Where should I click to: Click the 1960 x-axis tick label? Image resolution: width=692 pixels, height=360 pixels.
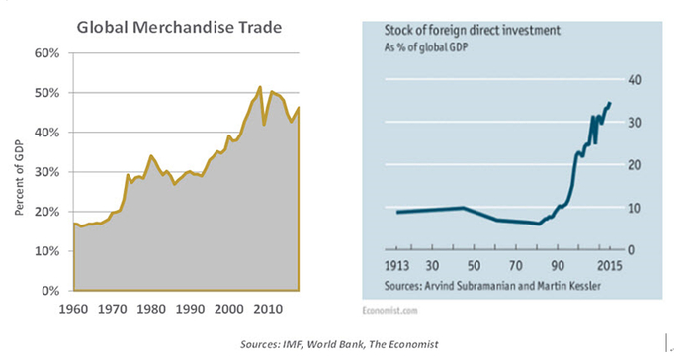tap(74, 308)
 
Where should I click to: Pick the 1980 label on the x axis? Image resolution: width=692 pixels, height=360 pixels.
tap(150, 308)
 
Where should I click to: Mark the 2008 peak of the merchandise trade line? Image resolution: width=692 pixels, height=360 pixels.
tap(259, 87)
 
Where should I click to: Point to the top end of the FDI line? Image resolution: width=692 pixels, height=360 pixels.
tap(610, 103)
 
